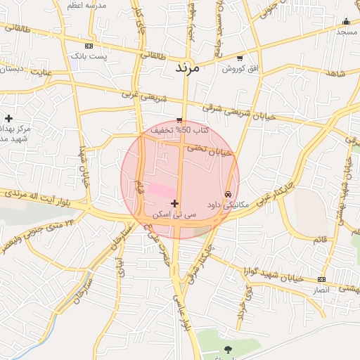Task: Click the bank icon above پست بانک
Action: click(x=89, y=45)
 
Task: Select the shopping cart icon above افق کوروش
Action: click(x=240, y=58)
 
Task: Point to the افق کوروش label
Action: click(x=239, y=68)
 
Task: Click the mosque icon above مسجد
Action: click(x=346, y=21)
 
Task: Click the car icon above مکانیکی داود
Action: click(x=229, y=194)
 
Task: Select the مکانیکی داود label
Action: click(x=229, y=205)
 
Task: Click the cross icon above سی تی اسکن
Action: click(x=175, y=203)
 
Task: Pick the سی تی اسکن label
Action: click(x=175, y=213)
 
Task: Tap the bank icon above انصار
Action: click(x=321, y=279)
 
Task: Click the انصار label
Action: click(x=321, y=290)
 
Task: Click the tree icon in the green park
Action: click(x=228, y=349)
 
